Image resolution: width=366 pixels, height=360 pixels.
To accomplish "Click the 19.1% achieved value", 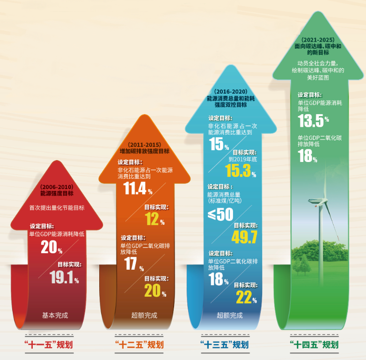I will [64, 278].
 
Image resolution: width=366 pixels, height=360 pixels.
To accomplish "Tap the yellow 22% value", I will [246, 297].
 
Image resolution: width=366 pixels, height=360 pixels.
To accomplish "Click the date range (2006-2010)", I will [57, 187].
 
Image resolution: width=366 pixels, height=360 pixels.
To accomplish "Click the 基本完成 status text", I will [55, 316].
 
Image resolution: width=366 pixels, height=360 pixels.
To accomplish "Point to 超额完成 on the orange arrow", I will [144, 316].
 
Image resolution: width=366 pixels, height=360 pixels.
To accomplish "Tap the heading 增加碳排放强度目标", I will [144, 151].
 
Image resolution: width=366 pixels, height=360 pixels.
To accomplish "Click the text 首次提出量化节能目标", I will [57, 208].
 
